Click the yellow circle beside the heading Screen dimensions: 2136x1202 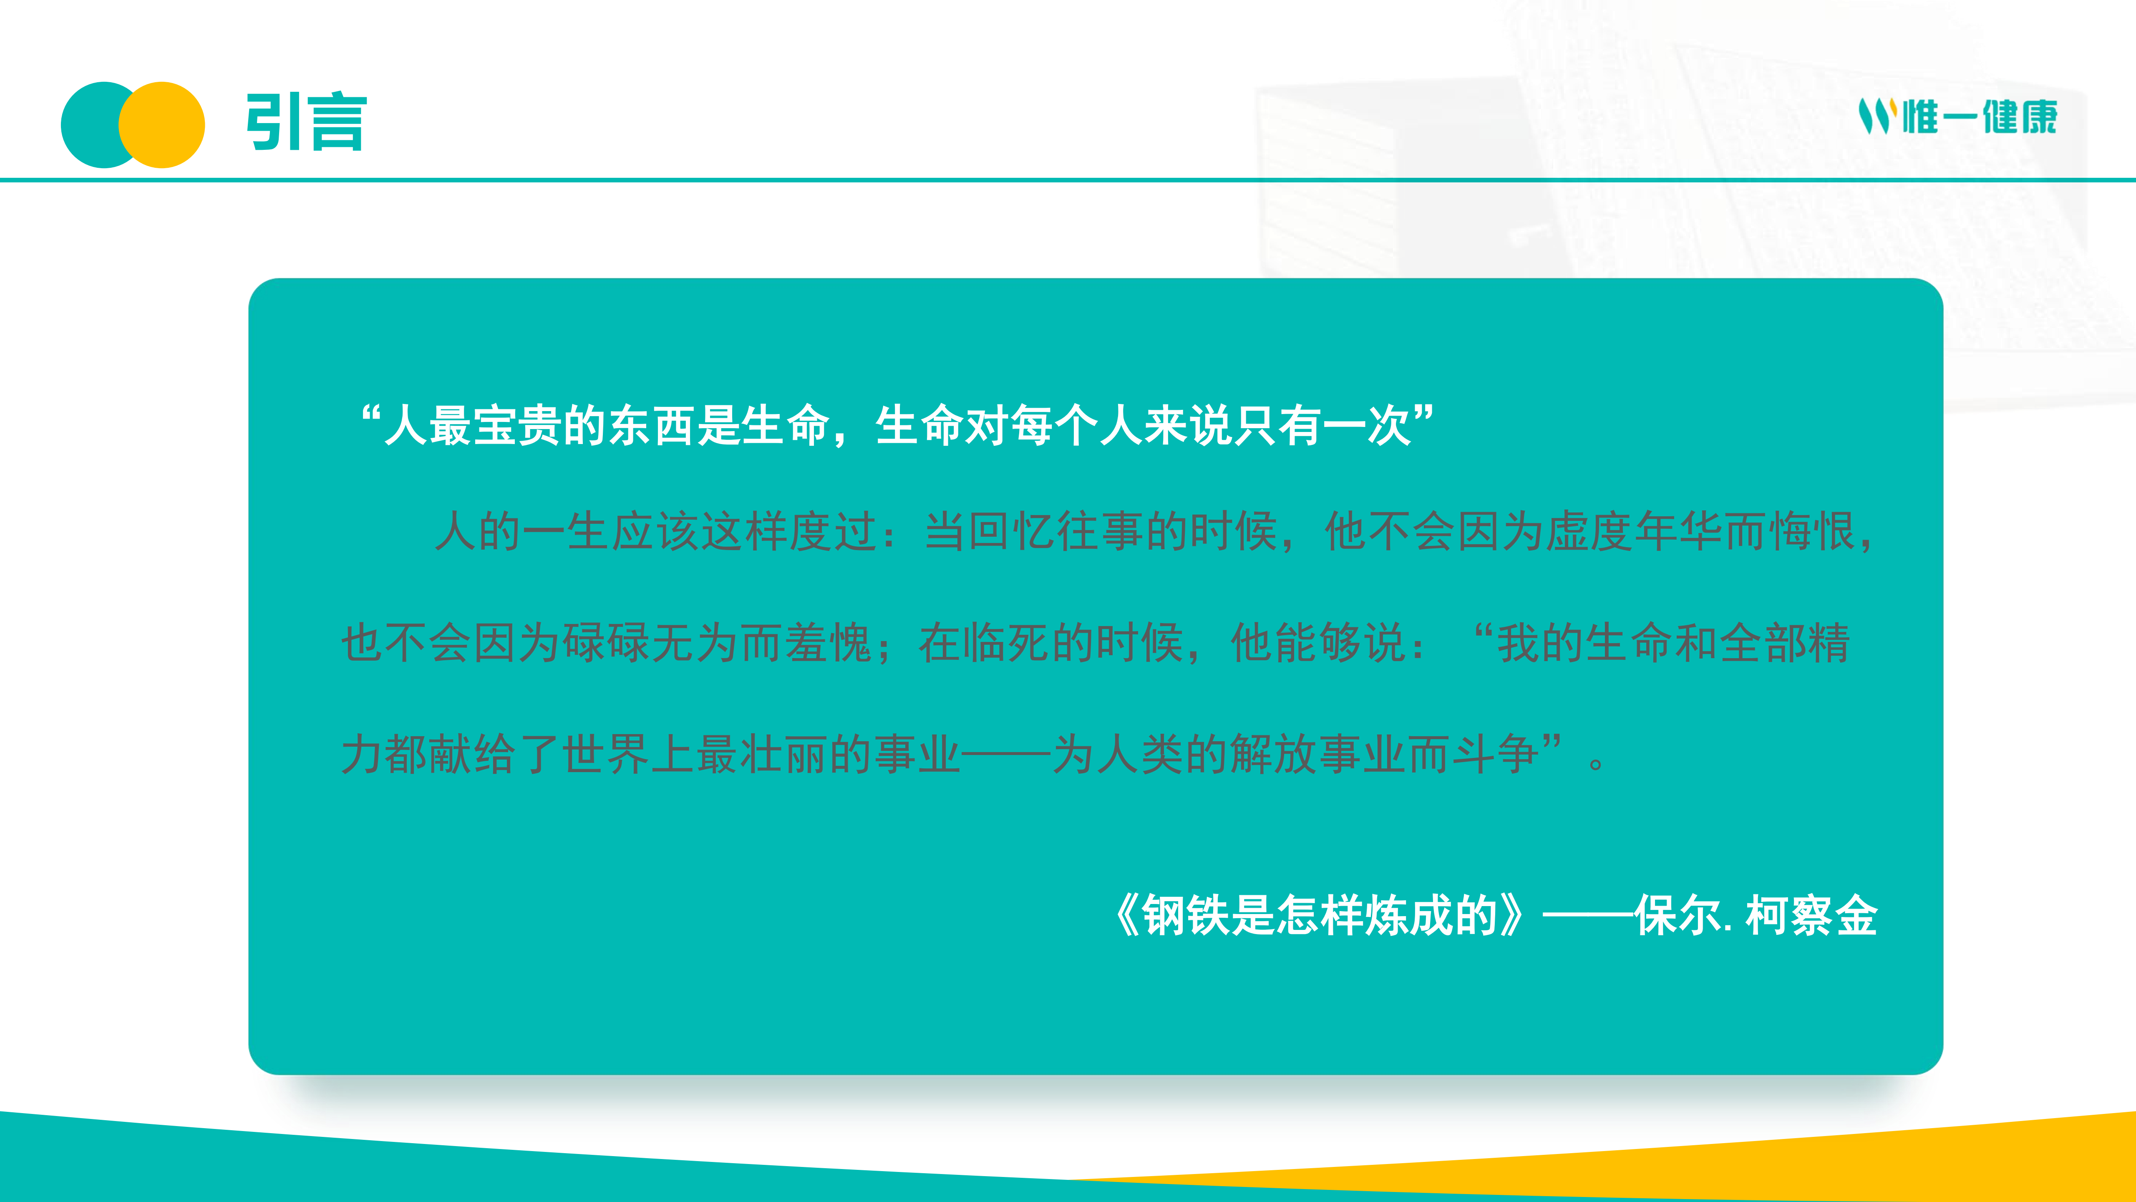coord(162,124)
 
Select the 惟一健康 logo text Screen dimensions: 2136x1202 coord(1979,116)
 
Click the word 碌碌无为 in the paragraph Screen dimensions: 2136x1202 coord(651,643)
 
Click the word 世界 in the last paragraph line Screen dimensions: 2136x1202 coord(606,754)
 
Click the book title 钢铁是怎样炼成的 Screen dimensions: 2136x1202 coord(1320,916)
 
